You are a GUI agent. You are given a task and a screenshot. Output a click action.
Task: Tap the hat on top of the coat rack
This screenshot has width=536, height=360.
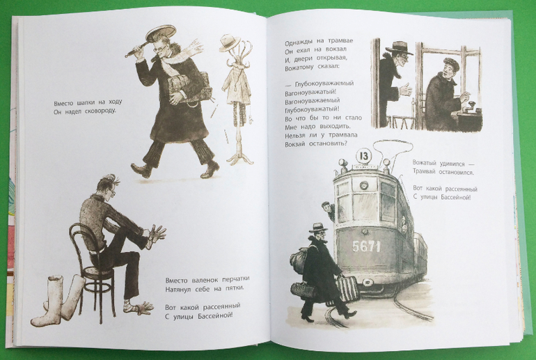(230, 42)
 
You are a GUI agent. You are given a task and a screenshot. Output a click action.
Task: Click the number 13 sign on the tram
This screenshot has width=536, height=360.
(363, 156)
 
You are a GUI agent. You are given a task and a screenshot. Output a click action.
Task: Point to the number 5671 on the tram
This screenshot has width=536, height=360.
(366, 246)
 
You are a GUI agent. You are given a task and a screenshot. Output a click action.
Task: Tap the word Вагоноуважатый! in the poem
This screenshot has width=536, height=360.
(310, 93)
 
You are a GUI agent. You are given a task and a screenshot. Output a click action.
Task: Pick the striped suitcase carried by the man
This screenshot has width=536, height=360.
(347, 290)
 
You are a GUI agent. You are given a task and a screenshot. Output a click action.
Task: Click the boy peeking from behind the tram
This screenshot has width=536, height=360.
(329, 210)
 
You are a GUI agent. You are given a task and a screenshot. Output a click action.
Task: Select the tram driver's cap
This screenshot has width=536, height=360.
(450, 63)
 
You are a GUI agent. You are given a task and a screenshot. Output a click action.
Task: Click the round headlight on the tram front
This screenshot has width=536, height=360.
(363, 186)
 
